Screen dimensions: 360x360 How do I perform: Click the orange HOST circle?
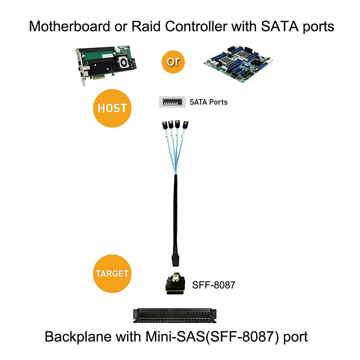pos(112,108)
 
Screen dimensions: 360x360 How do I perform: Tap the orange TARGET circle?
pos(112,273)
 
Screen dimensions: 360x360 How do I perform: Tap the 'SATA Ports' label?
pos(208,102)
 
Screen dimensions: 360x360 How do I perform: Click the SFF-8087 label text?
pos(213,284)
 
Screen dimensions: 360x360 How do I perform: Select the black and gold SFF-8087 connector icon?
pos(175,284)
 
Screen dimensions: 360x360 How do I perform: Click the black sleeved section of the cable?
pos(175,211)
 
